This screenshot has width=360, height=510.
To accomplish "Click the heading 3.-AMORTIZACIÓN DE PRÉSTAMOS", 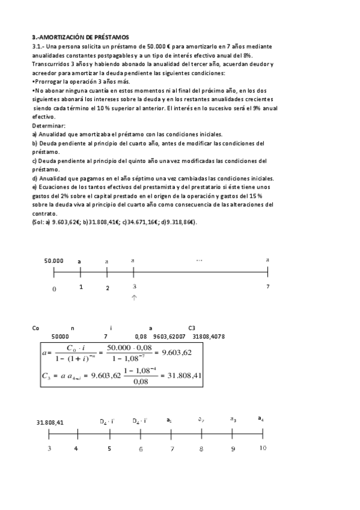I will click(x=81, y=38).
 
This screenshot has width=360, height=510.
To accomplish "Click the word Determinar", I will click(x=46, y=125).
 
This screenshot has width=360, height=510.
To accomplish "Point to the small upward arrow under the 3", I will click(x=134, y=297).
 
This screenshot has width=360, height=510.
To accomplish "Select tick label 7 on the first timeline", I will click(x=268, y=287).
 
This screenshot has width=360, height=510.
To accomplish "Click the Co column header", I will click(x=35, y=328).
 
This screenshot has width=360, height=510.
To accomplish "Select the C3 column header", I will click(x=192, y=328).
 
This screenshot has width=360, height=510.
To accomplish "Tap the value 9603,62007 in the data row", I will click(x=170, y=337).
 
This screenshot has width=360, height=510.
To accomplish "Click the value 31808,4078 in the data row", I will click(x=209, y=337).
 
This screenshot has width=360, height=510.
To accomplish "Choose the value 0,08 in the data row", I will click(x=141, y=337).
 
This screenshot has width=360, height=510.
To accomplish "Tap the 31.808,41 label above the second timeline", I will click(x=51, y=422).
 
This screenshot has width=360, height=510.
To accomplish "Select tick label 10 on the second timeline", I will click(x=263, y=448).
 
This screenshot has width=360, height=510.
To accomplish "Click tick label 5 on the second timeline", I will click(x=109, y=449).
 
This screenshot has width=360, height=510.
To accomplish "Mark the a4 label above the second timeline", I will click(x=261, y=419).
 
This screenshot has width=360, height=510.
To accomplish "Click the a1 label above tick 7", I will click(x=169, y=420).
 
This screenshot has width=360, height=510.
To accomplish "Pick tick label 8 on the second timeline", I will click(x=202, y=449).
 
